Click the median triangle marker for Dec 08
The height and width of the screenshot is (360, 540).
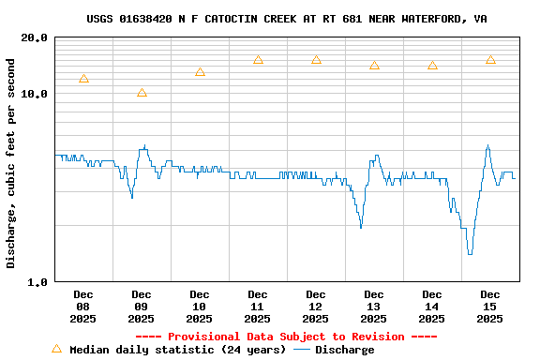(x=83, y=79)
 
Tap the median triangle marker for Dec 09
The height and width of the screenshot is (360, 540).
(x=142, y=93)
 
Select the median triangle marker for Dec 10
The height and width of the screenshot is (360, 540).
(x=200, y=72)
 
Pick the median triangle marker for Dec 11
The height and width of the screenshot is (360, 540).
(x=258, y=60)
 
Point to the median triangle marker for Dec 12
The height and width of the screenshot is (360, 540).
(x=316, y=60)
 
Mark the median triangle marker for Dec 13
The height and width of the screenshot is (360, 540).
(x=374, y=66)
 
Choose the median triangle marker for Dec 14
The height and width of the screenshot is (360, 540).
(x=432, y=66)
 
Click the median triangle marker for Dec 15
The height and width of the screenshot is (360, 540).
(x=490, y=60)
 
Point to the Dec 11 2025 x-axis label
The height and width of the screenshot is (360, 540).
(x=258, y=307)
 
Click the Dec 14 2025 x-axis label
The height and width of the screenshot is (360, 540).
(x=432, y=307)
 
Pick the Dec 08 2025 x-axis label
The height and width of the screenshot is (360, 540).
(x=83, y=307)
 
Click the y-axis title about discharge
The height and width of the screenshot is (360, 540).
(x=11, y=163)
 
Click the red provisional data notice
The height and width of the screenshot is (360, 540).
(x=286, y=337)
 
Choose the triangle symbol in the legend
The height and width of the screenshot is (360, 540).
(x=56, y=349)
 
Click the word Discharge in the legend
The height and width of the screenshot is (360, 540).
(x=344, y=350)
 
